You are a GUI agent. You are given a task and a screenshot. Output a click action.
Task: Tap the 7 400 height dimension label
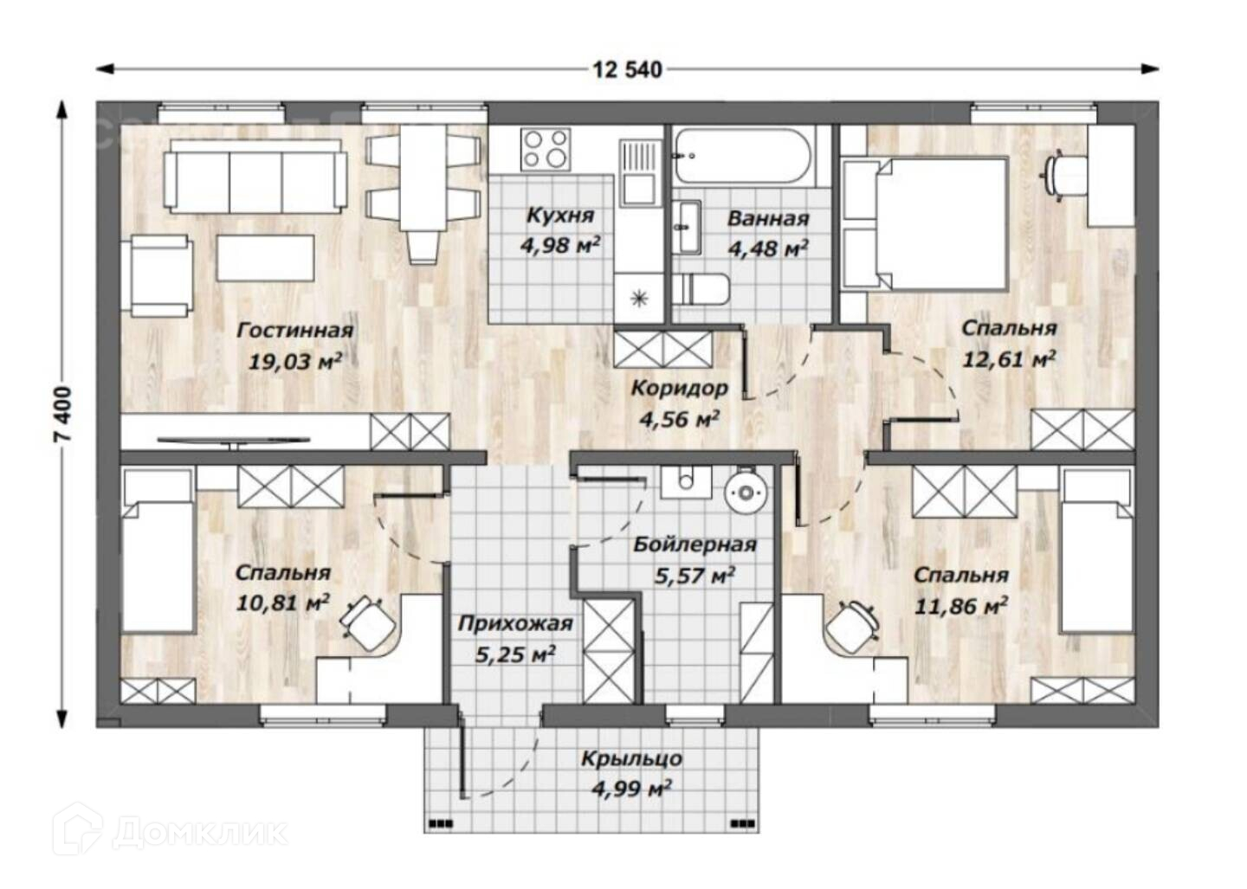[x=64, y=414]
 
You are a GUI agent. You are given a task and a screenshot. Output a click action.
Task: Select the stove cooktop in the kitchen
[x=546, y=149]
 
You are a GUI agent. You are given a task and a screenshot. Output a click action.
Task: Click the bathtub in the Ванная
[x=745, y=155]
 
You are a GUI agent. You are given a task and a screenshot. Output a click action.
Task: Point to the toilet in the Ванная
[x=701, y=289]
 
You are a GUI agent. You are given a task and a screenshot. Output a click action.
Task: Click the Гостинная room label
[x=295, y=331]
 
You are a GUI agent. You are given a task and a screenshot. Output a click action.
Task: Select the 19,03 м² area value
[x=294, y=362]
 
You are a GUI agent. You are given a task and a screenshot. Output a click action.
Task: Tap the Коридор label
[x=679, y=389]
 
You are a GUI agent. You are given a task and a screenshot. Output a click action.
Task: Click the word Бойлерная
[x=695, y=544]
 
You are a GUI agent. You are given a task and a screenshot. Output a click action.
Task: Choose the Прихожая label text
[x=515, y=623]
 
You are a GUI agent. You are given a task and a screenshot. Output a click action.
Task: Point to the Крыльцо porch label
[x=632, y=759]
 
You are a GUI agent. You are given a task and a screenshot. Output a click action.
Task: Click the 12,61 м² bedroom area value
[x=1010, y=359]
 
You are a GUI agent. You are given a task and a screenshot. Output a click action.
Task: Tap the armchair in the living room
[x=161, y=276]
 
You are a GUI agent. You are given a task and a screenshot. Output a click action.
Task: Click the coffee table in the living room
[x=266, y=258]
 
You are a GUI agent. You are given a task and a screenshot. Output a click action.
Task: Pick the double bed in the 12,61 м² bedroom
[x=924, y=223]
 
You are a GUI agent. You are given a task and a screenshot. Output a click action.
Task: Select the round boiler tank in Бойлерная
[x=745, y=493]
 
